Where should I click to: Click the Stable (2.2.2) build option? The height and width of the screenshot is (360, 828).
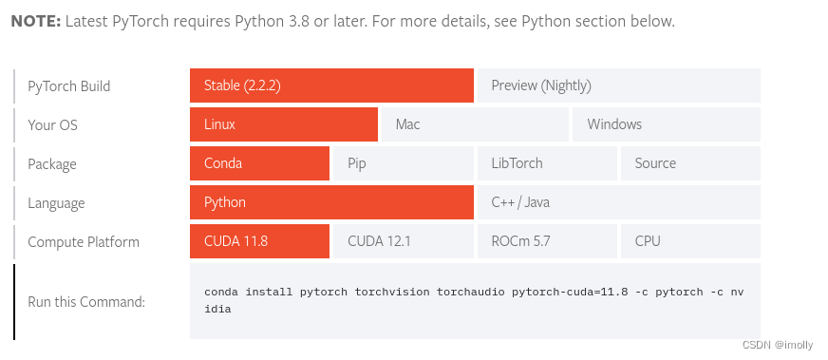pos(331,85)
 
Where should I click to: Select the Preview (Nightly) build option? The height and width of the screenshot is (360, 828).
pos(618,85)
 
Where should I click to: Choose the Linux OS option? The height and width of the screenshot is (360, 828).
pos(283,124)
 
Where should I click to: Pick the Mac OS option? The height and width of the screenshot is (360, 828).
pos(474,124)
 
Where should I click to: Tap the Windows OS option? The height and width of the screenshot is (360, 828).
pos(665,124)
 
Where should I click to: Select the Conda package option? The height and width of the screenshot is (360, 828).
pos(259,163)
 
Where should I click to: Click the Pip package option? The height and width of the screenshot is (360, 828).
pos(402,163)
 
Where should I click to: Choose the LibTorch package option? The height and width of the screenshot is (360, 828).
pos(546,163)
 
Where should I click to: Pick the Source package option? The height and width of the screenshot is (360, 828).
pos(690,163)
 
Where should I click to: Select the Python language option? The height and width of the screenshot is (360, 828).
pos(331,202)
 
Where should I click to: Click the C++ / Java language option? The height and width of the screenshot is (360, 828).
pos(618,202)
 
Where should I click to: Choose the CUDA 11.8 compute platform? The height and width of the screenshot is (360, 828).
pos(259,241)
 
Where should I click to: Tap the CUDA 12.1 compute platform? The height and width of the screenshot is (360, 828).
pos(402,241)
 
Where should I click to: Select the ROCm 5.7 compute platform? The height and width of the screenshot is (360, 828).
pos(546,241)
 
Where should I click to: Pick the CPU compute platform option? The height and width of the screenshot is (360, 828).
pos(690,241)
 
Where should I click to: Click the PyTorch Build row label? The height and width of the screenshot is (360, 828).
pos(68,86)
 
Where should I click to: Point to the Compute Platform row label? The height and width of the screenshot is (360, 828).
pos(83,242)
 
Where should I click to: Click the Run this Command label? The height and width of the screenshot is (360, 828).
pos(86,302)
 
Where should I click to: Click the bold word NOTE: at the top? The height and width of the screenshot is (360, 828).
pos(35,21)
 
